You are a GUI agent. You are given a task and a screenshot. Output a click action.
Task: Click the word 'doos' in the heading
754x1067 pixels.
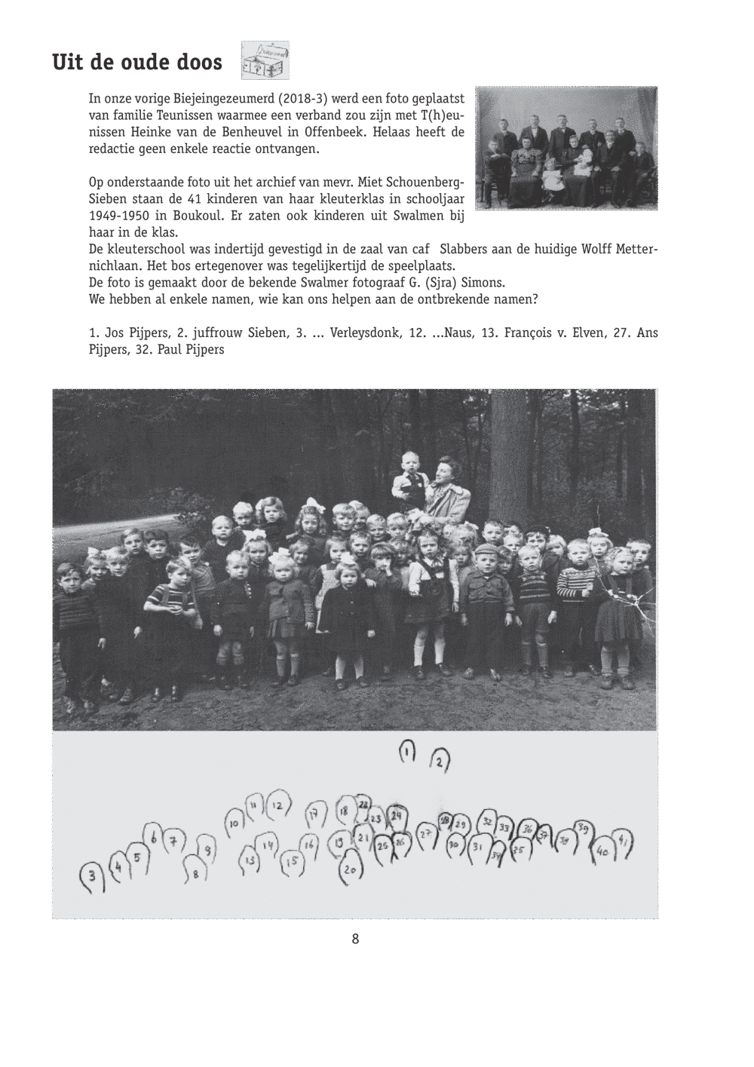199,62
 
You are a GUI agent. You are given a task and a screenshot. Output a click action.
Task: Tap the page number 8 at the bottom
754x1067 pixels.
355,939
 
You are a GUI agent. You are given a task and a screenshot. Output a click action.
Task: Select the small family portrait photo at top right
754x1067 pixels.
568,148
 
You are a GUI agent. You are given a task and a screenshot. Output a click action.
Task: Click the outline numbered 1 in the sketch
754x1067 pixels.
406,753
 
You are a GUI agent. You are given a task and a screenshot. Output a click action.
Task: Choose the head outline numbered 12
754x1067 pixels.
278,806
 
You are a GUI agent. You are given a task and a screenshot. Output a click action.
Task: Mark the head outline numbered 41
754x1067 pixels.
623,842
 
